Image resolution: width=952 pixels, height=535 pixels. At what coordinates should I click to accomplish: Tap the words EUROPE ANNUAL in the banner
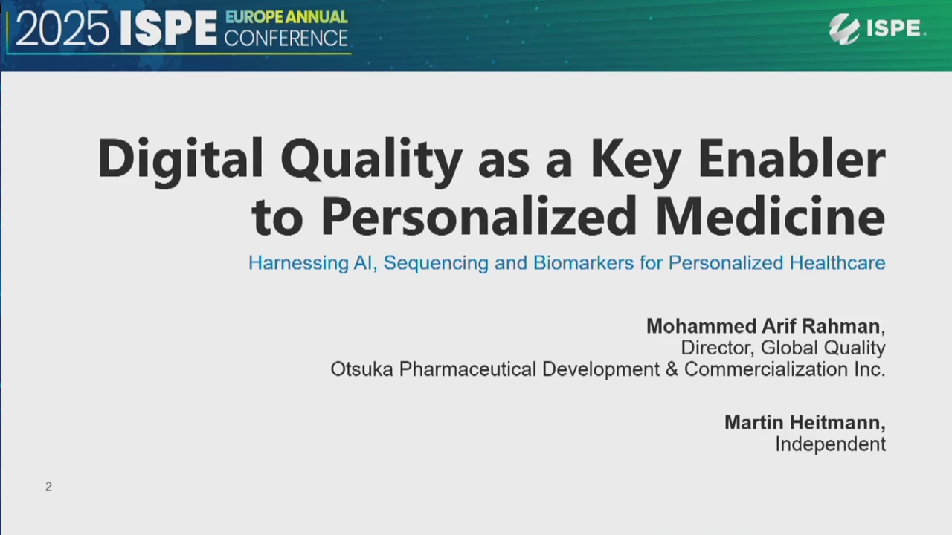(x=286, y=17)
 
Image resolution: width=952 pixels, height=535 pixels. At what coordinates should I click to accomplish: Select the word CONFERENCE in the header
(x=286, y=38)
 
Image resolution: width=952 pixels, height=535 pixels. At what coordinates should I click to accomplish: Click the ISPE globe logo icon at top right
(x=844, y=29)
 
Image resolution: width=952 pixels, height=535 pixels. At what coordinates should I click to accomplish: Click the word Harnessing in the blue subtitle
(x=298, y=263)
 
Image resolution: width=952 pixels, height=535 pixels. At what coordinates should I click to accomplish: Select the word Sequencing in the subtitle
(x=436, y=264)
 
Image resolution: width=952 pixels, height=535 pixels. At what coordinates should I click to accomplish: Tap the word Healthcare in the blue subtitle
(x=837, y=263)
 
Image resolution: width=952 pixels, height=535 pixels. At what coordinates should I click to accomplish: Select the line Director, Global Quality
(x=783, y=348)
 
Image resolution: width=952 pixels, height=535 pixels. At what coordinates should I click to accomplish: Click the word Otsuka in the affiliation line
(x=361, y=369)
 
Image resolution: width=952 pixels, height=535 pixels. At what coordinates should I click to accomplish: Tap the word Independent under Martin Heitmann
(x=831, y=444)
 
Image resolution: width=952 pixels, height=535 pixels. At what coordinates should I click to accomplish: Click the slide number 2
(x=48, y=487)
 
